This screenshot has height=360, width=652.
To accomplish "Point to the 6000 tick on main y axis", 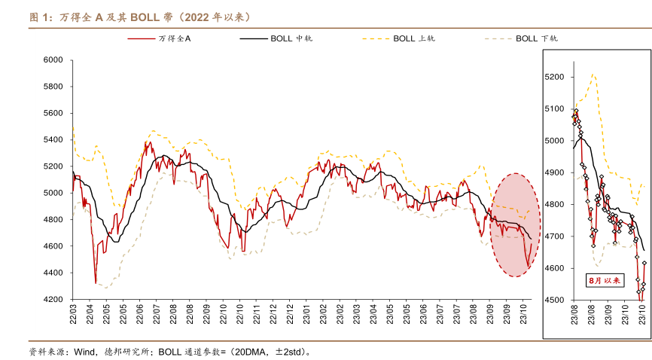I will [x=53, y=59].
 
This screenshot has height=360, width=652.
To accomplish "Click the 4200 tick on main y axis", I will [x=53, y=300].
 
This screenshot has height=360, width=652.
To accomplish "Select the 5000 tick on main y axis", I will [x=53, y=193].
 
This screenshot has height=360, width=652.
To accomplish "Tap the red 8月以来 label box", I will [x=606, y=279].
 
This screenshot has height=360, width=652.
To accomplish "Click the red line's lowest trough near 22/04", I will [x=96, y=282].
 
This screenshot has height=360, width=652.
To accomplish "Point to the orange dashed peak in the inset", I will [x=593, y=74].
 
